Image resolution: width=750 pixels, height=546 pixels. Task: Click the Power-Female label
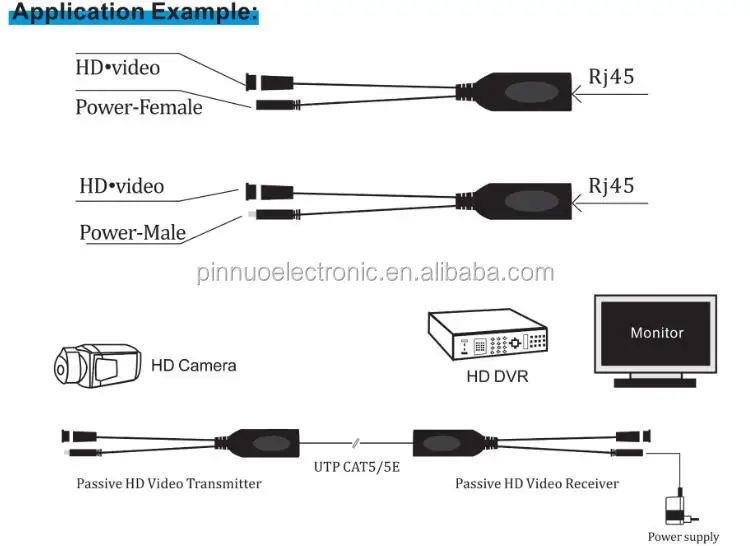(138, 105)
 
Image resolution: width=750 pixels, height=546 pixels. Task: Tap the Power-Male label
(133, 233)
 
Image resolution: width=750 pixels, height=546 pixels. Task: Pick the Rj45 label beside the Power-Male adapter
(611, 185)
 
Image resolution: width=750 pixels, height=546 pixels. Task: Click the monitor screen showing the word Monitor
(656, 333)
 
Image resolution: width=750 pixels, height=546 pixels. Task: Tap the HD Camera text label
(193, 365)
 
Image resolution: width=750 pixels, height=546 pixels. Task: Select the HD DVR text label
(496, 377)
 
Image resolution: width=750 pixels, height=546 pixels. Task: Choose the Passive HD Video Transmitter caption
(169, 484)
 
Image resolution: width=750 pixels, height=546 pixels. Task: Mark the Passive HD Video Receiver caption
(537, 484)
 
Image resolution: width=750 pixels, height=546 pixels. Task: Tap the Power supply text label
(683, 537)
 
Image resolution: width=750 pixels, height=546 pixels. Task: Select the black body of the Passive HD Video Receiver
(450, 441)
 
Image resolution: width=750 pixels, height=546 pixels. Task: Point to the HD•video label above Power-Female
(117, 68)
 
